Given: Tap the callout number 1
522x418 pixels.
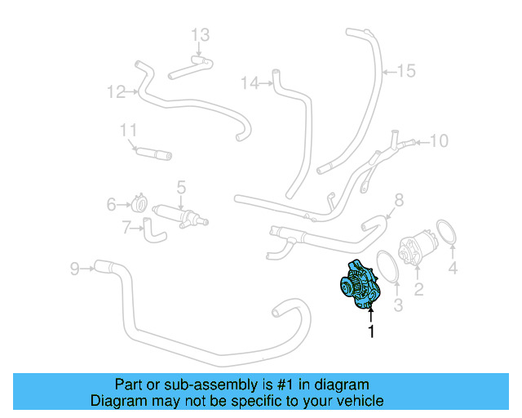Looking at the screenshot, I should pyautogui.click(x=371, y=332).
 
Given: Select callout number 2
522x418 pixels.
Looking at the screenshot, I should pyautogui.click(x=418, y=288).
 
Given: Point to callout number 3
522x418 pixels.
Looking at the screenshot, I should pyautogui.click(x=399, y=305).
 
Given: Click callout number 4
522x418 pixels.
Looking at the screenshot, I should pyautogui.click(x=453, y=267).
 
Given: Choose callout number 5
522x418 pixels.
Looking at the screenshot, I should pyautogui.click(x=181, y=187).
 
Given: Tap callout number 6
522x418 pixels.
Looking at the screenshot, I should pyautogui.click(x=112, y=205).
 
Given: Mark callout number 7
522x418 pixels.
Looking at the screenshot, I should pyautogui.click(x=126, y=228).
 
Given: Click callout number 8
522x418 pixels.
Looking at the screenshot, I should pyautogui.click(x=399, y=200).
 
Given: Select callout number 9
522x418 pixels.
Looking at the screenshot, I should pyautogui.click(x=74, y=267).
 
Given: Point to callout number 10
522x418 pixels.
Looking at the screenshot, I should pyautogui.click(x=439, y=141).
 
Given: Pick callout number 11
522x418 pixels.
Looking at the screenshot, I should pyautogui.click(x=128, y=130).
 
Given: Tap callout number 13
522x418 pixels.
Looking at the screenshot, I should pyautogui.click(x=201, y=34).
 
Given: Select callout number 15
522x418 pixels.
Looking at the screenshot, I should pyautogui.click(x=405, y=71).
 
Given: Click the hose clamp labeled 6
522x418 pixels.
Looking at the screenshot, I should pyautogui.click(x=139, y=203).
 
